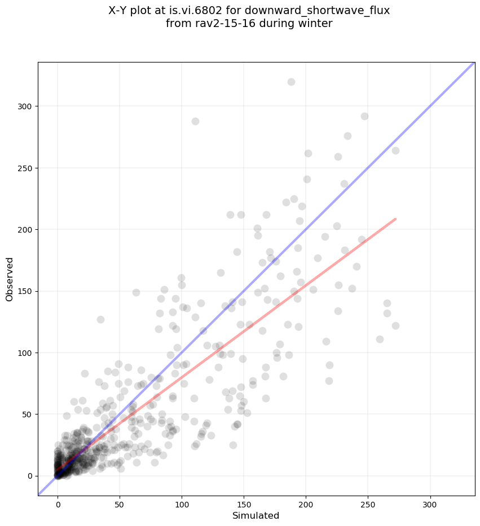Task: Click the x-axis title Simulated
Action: click(x=256, y=515)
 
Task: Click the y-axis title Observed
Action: click(x=10, y=279)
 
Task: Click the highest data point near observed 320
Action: click(x=291, y=82)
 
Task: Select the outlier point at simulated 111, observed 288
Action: click(x=195, y=121)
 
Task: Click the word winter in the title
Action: click(x=316, y=24)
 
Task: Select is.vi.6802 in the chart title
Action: click(x=218, y=11)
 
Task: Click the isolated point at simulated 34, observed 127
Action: click(x=100, y=319)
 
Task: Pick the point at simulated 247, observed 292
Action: click(x=364, y=116)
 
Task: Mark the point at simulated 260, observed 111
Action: click(x=380, y=339)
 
